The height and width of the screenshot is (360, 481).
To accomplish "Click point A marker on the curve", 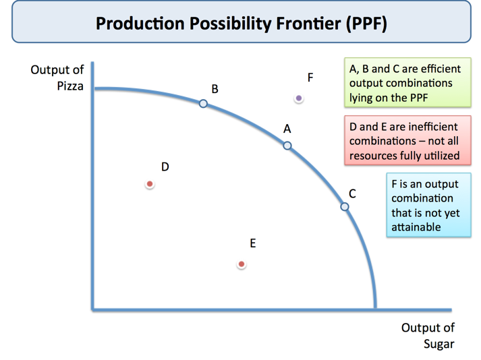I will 287,146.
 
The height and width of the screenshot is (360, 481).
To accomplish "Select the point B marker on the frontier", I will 203,104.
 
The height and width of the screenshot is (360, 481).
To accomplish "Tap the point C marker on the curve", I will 345,207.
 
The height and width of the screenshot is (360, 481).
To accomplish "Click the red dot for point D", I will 150,184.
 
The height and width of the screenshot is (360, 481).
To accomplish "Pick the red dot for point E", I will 242,265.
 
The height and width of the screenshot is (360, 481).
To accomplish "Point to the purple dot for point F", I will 299,98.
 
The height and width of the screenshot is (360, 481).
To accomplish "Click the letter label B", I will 215,89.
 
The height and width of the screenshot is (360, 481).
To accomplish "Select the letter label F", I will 310,78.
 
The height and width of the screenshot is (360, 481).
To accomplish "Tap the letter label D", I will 165,167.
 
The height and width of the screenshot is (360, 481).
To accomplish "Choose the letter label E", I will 253,243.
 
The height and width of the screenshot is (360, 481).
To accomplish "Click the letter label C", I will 352,193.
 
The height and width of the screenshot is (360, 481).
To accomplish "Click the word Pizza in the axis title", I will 70,86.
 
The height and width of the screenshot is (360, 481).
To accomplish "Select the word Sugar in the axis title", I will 438,344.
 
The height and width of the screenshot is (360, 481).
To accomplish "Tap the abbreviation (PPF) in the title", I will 365,24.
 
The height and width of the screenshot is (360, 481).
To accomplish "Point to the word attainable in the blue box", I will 416,227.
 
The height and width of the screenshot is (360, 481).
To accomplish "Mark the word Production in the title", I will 140,24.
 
